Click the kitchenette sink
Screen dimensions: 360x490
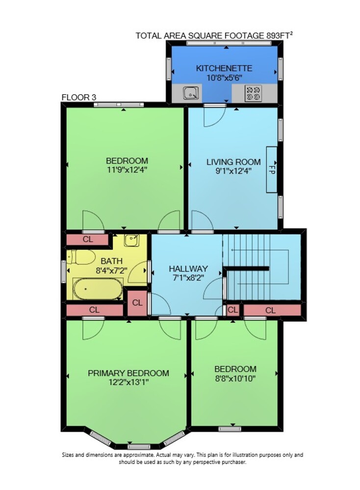[190, 93]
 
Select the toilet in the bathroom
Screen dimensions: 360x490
[81, 257]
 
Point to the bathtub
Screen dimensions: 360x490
[98, 289]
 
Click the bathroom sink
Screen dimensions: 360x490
[131, 240]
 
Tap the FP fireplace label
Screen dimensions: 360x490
[272, 170]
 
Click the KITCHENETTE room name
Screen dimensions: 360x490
[224, 68]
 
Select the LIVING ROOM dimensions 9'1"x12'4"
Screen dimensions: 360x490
[233, 171]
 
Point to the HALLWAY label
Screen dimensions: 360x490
[188, 269]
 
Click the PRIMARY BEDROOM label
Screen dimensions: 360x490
[128, 373]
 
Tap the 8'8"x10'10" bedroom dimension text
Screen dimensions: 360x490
[235, 378]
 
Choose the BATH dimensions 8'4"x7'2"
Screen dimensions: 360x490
[111, 270]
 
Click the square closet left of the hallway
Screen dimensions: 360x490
[137, 303]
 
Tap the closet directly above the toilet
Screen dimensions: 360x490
[87, 240]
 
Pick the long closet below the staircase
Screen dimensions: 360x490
[272, 310]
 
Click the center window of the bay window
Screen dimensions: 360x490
[139, 446]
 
